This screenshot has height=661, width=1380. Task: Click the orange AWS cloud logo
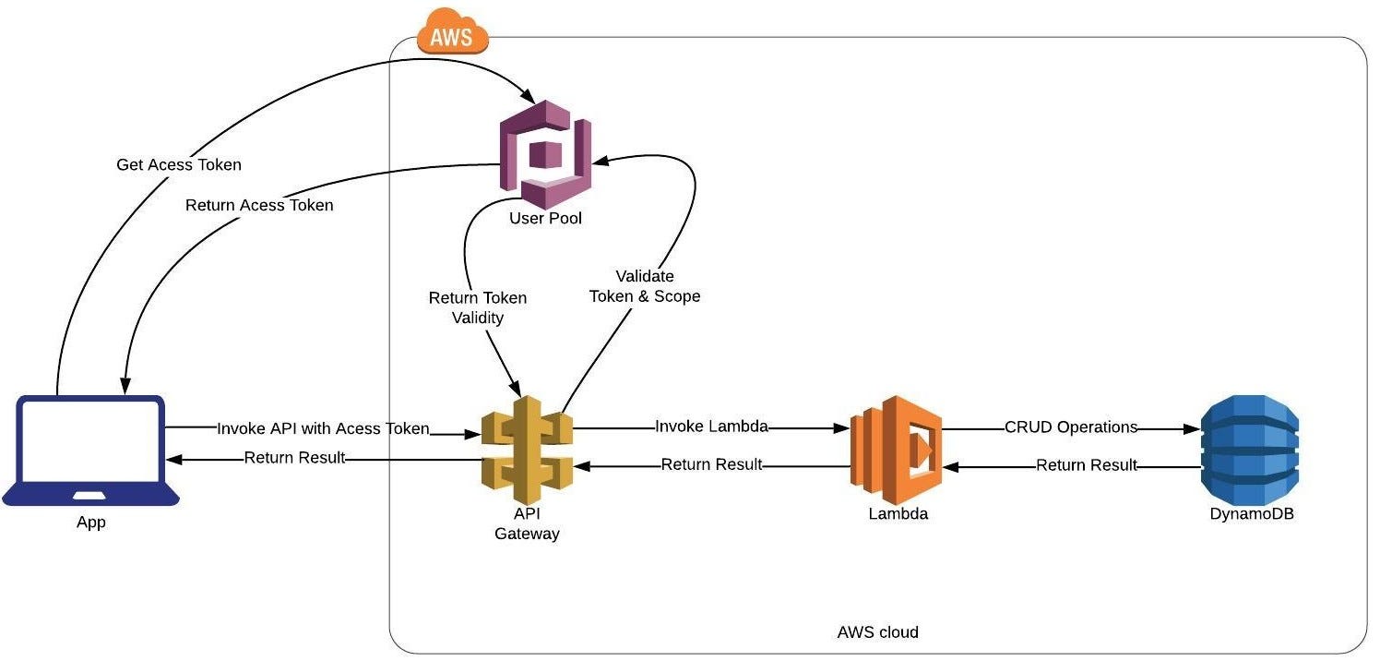pos(452,32)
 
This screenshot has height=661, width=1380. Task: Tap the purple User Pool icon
pos(545,153)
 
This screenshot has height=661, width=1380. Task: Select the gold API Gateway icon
pos(527,451)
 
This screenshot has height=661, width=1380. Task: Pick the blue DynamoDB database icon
pos(1250,448)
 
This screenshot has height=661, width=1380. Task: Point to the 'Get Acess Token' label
pos(179,164)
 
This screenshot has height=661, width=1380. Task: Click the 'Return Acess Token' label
pos(259,205)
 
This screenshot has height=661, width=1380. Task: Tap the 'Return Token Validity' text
pos(478,307)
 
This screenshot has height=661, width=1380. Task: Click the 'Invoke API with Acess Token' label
pos(323,428)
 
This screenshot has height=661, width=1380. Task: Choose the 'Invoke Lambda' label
pos(711,427)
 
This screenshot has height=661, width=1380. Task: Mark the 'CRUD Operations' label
pos(1071,427)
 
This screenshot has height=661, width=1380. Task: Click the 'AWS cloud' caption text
pos(877,632)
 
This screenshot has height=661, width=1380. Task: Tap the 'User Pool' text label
pos(545,219)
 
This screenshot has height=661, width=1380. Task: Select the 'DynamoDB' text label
pos(1252,514)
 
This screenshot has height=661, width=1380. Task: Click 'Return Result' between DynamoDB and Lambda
pos(1087,465)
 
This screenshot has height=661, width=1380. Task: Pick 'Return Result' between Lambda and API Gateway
pos(711,464)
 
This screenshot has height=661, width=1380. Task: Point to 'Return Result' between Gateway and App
pos(294,457)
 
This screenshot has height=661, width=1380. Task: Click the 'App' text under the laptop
pos(90,523)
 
